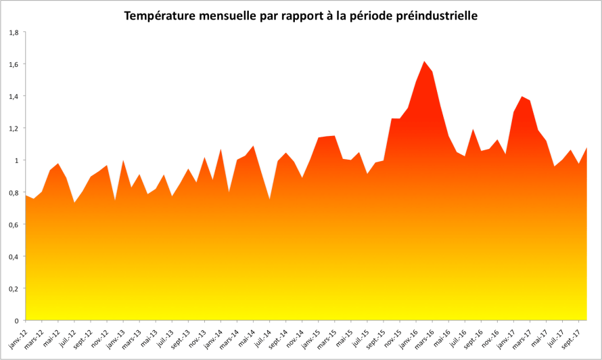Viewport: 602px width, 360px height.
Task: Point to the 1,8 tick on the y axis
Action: tap(14, 32)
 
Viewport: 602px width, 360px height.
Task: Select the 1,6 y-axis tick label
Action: tap(14, 64)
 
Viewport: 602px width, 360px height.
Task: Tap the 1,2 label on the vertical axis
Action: tap(14, 128)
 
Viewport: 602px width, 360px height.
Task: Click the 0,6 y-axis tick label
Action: tap(14, 224)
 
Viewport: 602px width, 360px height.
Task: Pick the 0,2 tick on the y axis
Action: tap(14, 288)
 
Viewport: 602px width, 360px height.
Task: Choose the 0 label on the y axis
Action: tap(16, 320)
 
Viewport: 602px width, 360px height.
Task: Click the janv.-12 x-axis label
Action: tap(18, 334)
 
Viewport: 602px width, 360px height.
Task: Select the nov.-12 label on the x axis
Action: tap(100, 334)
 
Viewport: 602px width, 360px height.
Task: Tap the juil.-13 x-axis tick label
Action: tap(166, 334)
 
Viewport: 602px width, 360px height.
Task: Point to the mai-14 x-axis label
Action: tap(248, 332)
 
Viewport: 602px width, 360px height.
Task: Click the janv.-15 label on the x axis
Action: tap(313, 334)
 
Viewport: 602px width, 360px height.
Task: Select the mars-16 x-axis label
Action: tap(427, 334)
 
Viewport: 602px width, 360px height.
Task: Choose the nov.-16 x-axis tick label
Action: tap(492, 334)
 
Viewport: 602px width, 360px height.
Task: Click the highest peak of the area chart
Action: tap(424, 62)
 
